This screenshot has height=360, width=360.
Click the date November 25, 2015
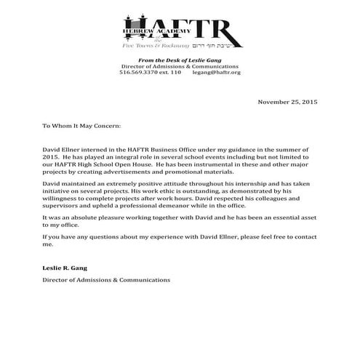pyautogui.click(x=288, y=102)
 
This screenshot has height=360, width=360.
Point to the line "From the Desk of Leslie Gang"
pyautogui.click(x=180, y=60)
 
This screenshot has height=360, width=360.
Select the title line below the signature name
pyautogui.click(x=106, y=279)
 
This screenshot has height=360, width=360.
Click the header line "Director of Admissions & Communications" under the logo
pyautogui.click(x=180, y=66)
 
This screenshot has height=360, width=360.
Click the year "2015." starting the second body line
pyautogui.click(x=51, y=157)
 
